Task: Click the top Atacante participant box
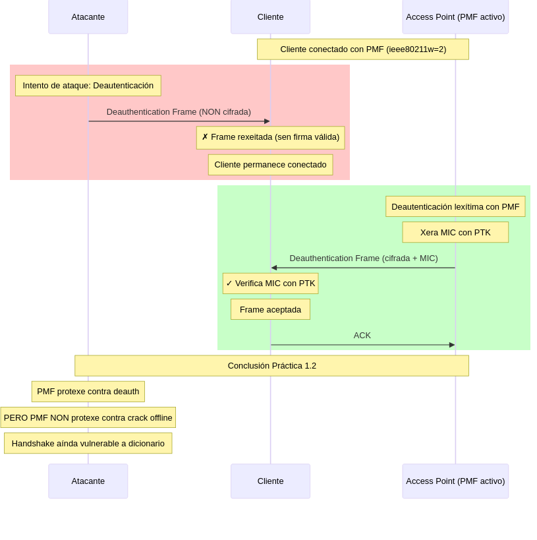pos(88,17)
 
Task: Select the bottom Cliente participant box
pos(271,481)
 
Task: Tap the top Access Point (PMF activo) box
pos(455,17)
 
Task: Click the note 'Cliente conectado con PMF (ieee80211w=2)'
pos(363,49)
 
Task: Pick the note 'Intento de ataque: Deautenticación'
pos(88,86)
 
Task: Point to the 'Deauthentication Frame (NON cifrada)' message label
pos(179,112)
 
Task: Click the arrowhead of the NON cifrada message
pos(267,121)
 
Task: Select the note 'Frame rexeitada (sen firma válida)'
pos(271,137)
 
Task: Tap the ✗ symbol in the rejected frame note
pos(205,137)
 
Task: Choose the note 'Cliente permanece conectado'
pos(271,165)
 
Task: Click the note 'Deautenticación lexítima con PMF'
pos(455,206)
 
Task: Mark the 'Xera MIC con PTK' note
pos(455,233)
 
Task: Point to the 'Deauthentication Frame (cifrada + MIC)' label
pos(364,258)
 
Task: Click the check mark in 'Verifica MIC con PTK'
pos(229,284)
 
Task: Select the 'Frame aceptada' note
pos(271,309)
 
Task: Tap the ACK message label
pos(362,336)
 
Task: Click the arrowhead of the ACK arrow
pos(452,345)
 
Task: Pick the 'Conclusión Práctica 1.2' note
pos(272,366)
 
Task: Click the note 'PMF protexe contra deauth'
pos(88,392)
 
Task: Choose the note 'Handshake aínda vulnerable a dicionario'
pos(88,443)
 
